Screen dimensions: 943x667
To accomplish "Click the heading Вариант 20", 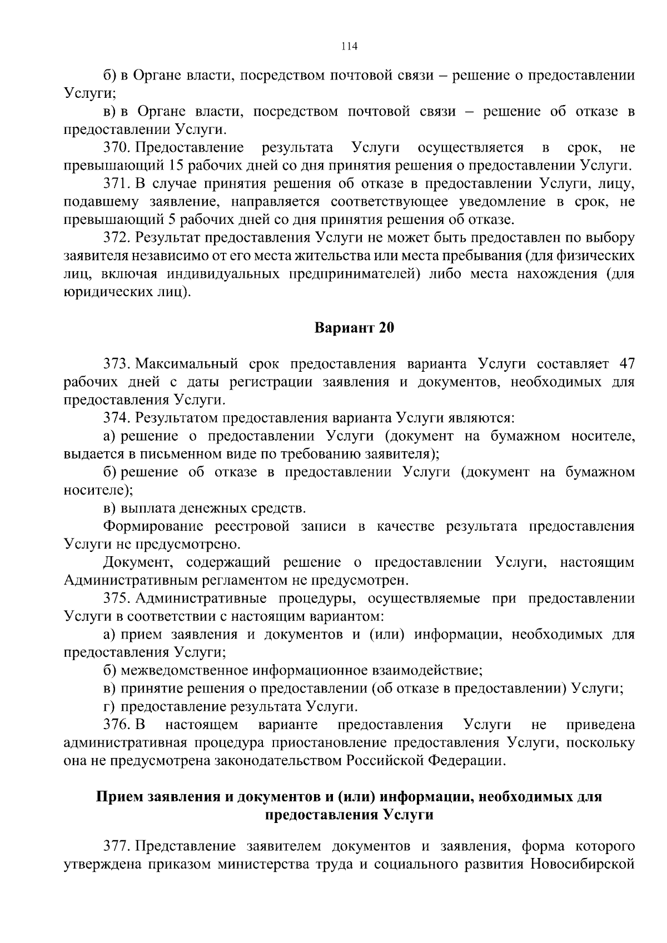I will click(x=354, y=328).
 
